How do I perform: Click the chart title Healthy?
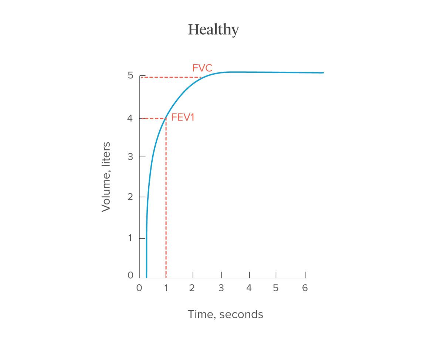(213, 30)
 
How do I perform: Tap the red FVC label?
(202, 68)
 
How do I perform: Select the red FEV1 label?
(183, 118)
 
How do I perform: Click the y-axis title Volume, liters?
(106, 177)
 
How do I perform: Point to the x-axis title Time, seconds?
(226, 314)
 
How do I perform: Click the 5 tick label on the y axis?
(130, 75)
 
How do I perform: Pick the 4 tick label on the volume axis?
(130, 118)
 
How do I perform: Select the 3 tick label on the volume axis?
(130, 156)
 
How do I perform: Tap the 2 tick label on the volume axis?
(130, 197)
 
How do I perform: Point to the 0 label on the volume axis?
(130, 275)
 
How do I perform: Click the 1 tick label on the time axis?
(166, 288)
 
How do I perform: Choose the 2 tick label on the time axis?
(192, 288)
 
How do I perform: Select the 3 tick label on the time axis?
(221, 288)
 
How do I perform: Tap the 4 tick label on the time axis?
(249, 288)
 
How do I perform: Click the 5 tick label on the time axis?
(275, 288)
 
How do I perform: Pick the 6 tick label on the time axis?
(305, 288)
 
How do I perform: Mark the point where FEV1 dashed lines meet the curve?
(166, 118)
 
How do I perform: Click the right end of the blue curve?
(323, 73)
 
